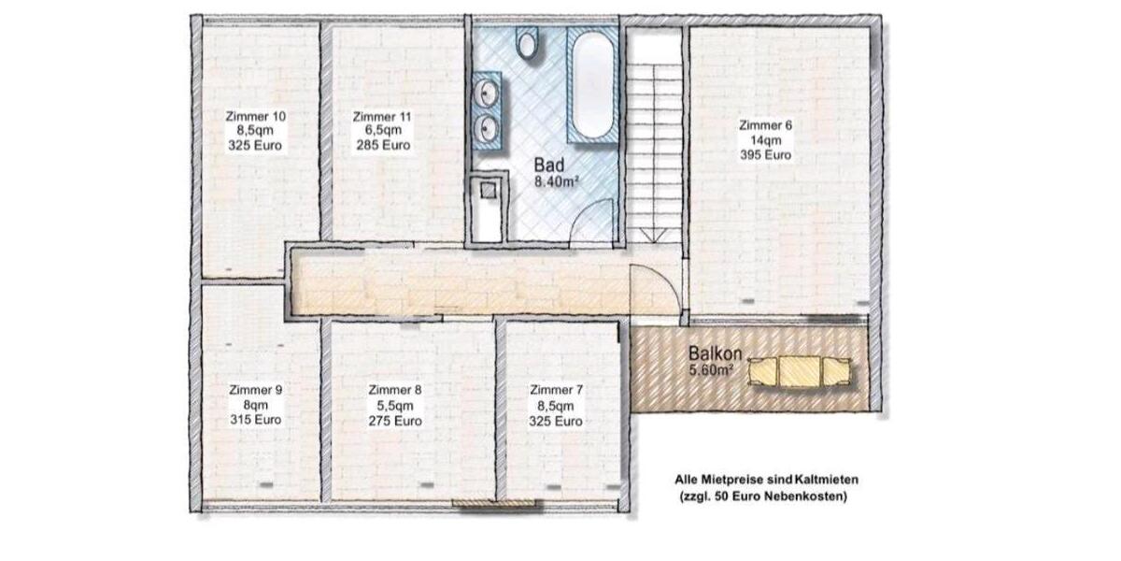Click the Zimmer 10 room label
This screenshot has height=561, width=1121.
(255, 117)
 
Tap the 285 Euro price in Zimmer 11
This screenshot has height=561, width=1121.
(381, 146)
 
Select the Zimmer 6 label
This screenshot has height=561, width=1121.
(765, 125)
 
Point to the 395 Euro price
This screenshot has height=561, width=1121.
(765, 154)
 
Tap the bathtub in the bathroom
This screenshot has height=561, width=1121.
(592, 86)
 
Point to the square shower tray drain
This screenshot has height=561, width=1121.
(488, 190)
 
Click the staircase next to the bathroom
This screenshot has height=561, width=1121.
(654, 140)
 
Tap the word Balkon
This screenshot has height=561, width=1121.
(716, 354)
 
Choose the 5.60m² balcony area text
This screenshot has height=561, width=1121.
(711, 370)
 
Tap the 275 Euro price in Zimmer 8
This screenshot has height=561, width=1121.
(395, 421)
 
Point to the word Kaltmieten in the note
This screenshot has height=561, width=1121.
(821, 480)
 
